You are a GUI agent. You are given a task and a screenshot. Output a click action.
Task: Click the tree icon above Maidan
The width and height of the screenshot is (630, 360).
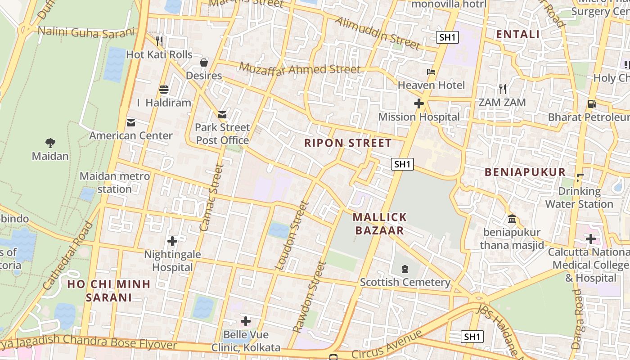point(50,143)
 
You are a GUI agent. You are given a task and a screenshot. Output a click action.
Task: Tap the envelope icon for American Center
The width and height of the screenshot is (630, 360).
point(131,122)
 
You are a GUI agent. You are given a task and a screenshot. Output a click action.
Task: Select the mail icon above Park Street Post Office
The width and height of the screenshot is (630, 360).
point(222,114)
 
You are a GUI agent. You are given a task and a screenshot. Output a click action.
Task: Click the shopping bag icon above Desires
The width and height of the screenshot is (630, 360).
point(204,62)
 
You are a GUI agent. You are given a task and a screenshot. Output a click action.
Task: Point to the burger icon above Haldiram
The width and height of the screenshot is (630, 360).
point(163,89)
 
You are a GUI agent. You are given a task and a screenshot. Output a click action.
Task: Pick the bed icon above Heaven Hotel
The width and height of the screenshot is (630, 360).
point(431,72)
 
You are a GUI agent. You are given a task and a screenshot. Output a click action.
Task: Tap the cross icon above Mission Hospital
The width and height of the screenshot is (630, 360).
point(419,103)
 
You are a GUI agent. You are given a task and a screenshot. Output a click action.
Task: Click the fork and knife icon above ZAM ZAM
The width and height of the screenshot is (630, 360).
point(502,89)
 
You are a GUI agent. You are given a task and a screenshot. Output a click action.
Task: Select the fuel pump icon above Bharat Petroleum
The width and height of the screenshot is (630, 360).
point(592,104)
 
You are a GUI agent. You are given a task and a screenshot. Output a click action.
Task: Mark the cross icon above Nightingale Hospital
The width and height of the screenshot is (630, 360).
point(172,241)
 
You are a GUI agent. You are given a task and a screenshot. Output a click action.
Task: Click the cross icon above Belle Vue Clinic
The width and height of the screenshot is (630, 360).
point(246,321)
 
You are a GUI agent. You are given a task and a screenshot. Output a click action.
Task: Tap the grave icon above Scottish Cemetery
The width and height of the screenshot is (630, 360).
point(405,269)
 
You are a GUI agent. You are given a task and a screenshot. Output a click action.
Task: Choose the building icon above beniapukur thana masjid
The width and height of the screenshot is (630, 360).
point(512,219)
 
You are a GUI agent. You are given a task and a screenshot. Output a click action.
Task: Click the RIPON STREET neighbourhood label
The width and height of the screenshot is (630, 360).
point(348,143)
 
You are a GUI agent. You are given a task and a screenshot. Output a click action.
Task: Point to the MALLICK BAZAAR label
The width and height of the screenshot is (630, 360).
point(380,224)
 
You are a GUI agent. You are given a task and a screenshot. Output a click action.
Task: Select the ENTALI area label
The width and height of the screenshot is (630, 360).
point(517,34)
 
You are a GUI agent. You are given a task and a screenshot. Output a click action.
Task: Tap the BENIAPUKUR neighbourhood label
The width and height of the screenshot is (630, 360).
point(525,172)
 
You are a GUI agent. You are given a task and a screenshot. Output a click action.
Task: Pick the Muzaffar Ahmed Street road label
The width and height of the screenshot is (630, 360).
point(300,69)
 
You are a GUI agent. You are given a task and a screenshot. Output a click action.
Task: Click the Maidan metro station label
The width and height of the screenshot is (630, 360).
point(115,182)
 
